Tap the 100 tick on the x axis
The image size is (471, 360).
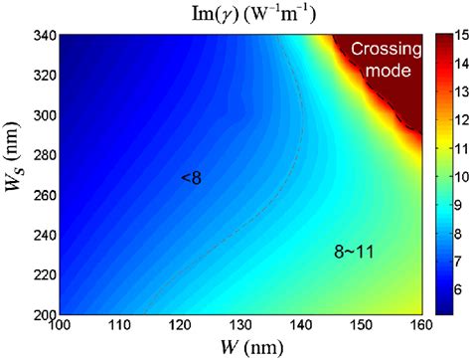(x=60, y=324)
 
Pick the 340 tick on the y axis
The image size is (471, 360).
(x=40, y=36)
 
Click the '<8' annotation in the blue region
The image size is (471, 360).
(x=192, y=178)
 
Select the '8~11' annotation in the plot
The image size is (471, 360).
(x=355, y=254)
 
